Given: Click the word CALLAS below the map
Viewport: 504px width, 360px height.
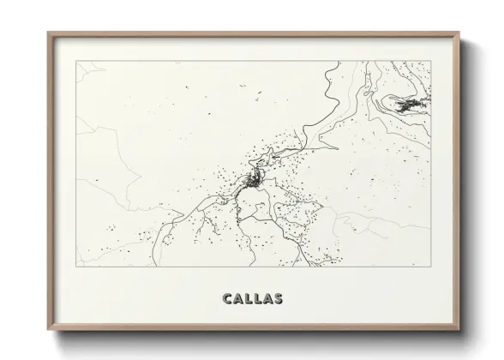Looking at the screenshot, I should coord(253,300).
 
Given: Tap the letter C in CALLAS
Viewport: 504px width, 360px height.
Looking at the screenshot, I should coord(226,300).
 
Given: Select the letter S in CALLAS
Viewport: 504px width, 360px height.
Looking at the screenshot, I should coord(279,300).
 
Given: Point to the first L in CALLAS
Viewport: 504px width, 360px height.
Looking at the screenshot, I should coord(248,300).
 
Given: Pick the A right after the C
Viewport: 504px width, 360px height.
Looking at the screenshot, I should coord(237,300).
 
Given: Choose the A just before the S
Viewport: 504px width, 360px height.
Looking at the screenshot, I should coord(268,300).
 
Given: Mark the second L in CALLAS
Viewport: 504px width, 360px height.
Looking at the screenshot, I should coord(257,300).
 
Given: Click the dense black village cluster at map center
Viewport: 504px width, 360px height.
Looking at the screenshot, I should coord(254,180).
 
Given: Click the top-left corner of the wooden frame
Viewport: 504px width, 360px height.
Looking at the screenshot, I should coord(48,33).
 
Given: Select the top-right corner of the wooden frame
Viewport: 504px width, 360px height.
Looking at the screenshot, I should coord(460,33).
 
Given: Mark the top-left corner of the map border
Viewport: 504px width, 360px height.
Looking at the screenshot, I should coord(77,61).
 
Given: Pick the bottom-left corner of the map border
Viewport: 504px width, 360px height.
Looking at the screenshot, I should coord(77,267).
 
